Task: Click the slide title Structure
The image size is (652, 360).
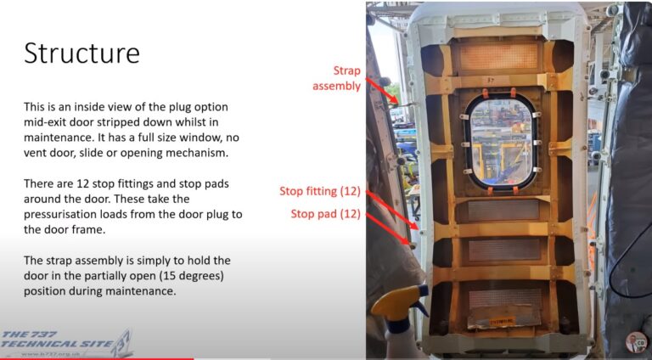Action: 81,53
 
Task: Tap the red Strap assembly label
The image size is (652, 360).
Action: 336,78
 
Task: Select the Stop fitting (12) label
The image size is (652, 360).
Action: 321,191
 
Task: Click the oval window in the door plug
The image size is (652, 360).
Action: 498,141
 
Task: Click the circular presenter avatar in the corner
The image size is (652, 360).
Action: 636,342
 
